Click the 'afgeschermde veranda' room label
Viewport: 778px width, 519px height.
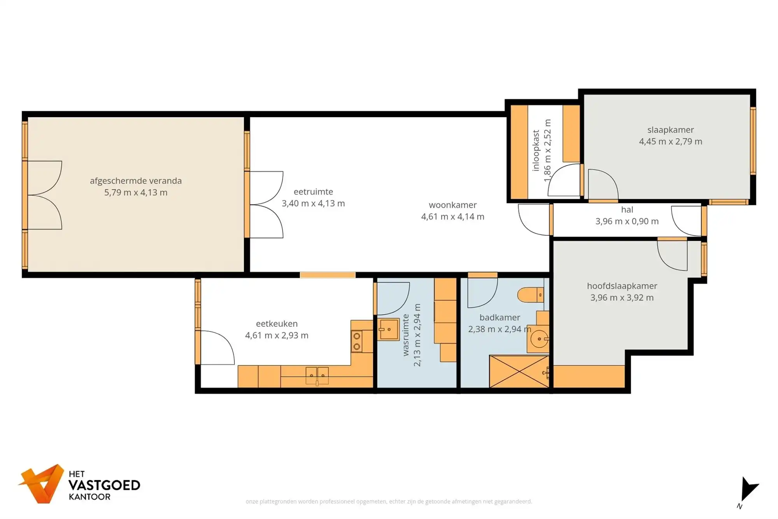tap(136, 181)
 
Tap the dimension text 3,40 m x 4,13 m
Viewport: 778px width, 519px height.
tap(313, 203)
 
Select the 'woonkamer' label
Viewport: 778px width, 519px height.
tap(452, 205)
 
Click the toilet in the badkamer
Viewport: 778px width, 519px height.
tap(530, 295)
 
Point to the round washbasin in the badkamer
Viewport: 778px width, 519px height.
tap(539, 339)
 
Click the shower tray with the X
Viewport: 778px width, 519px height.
tap(519, 372)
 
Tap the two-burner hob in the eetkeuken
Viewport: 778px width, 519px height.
tap(357, 341)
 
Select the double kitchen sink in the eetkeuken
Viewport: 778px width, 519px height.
tap(317, 376)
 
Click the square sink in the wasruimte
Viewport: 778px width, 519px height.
tap(389, 329)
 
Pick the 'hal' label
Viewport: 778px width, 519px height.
tap(627, 210)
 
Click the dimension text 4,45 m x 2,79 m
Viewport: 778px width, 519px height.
tap(670, 142)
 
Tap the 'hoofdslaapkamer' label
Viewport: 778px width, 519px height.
tap(622, 286)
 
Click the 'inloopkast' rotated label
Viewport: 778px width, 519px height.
tap(536, 151)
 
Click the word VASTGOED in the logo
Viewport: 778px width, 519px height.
tap(104, 485)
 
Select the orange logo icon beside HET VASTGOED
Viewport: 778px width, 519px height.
tap(42, 484)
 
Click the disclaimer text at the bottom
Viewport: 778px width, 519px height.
tap(389, 501)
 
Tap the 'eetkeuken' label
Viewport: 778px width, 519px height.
tap(277, 324)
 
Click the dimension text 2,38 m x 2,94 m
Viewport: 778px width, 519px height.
tap(499, 329)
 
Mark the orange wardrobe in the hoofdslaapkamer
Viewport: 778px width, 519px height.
tap(589, 376)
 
